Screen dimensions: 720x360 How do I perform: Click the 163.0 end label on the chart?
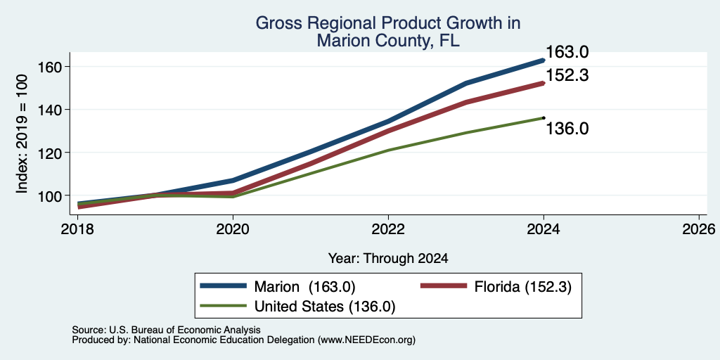567,52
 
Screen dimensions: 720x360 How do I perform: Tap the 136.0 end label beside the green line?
567,129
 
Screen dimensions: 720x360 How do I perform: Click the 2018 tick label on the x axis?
77,229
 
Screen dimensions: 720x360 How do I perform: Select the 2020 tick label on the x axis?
233,229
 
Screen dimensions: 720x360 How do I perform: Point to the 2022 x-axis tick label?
388,229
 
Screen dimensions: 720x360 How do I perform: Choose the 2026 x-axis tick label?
699,229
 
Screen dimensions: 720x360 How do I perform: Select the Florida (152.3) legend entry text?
523,287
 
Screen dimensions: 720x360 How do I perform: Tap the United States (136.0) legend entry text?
325,307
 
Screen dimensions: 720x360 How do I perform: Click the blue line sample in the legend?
223,286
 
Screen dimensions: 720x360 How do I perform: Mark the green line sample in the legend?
223,305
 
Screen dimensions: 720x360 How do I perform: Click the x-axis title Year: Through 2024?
388,259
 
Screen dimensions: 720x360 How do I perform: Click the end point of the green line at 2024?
544,118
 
